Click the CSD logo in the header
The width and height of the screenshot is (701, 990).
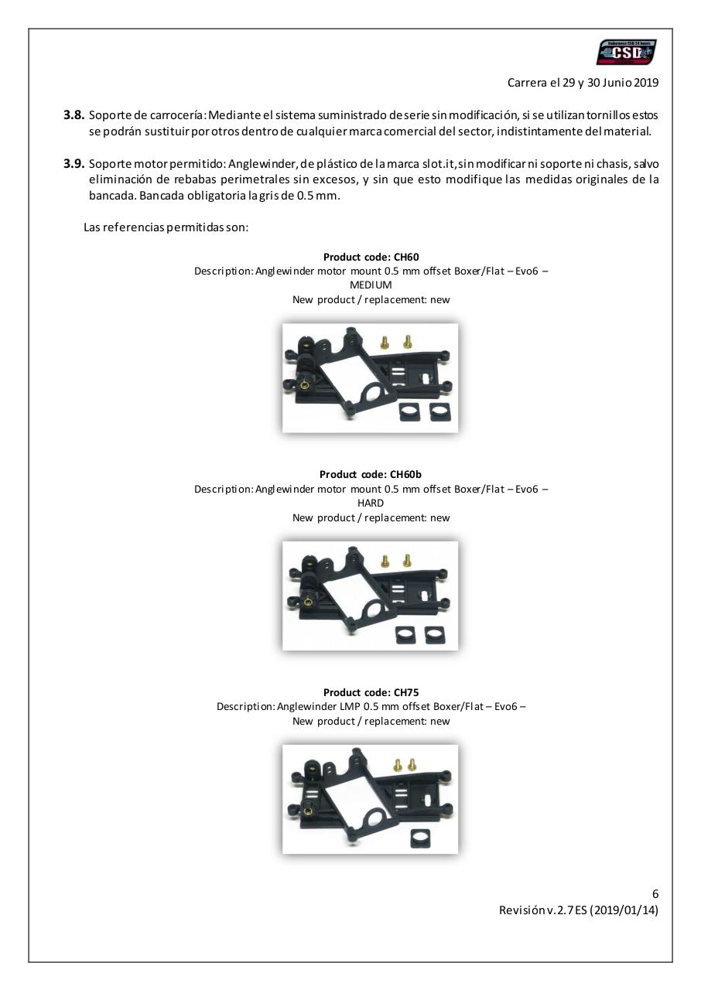click(x=626, y=53)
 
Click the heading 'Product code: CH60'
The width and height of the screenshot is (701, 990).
click(x=371, y=257)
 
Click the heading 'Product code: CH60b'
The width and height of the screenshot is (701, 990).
click(x=371, y=474)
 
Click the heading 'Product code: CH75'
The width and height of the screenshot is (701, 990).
click(x=371, y=692)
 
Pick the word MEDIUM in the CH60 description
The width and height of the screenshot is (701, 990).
click(x=371, y=285)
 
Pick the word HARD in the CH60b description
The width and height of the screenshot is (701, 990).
click(x=371, y=503)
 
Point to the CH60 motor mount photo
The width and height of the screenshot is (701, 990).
click(x=370, y=377)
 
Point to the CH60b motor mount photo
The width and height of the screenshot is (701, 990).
click(x=370, y=595)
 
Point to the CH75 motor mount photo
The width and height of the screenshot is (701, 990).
click(x=370, y=799)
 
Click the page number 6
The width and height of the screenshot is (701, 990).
click(x=655, y=894)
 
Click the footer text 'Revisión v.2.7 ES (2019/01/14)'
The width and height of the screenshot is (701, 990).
click(x=579, y=910)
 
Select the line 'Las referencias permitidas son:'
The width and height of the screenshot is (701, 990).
click(x=166, y=227)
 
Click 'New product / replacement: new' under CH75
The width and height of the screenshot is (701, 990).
click(x=371, y=721)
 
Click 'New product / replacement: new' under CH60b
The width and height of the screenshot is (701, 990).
click(x=371, y=517)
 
